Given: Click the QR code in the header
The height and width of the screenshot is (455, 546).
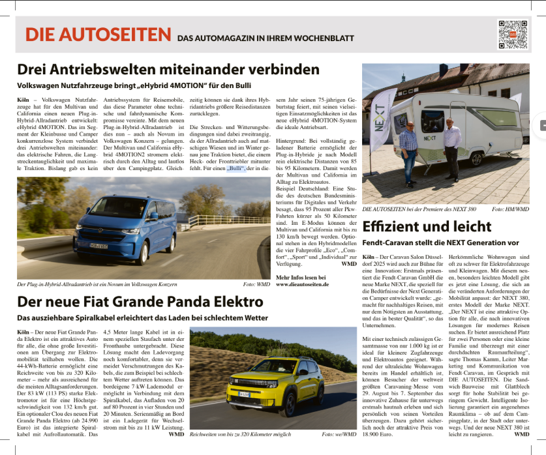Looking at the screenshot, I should [513, 34].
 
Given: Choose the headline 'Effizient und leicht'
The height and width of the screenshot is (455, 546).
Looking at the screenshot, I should [427, 226].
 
